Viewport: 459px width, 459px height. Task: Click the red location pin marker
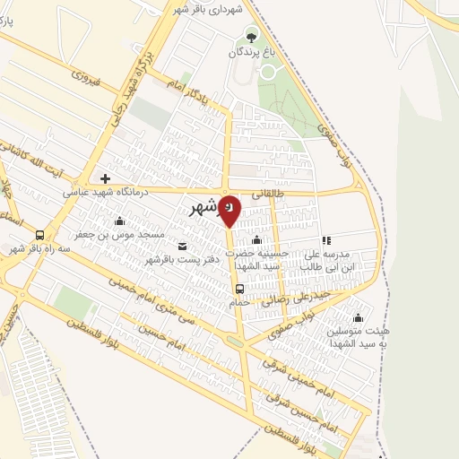coord(229,209)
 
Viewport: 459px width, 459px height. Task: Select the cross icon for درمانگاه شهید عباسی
coord(106,178)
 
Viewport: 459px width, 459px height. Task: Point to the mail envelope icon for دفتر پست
coord(183,247)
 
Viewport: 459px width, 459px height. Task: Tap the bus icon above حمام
coord(239,289)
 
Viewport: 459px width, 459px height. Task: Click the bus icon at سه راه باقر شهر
coord(39,235)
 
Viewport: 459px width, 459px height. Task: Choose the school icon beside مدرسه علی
coord(326,240)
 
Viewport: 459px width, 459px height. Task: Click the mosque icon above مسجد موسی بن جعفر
coord(119,221)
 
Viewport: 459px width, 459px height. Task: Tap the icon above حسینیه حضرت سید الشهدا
coord(257,239)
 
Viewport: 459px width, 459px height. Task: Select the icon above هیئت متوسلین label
coord(359,316)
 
